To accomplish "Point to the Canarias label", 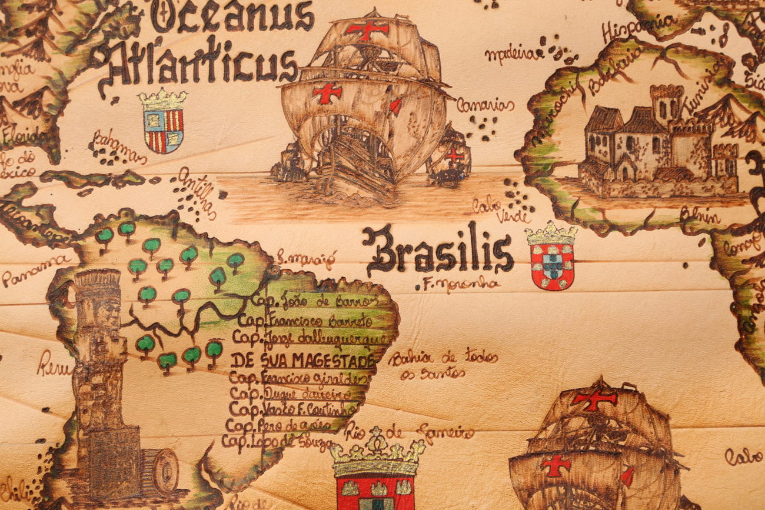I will tap(485, 106).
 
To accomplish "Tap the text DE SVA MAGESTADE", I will tap(302, 360).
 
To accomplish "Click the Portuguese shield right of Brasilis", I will tap(551, 257).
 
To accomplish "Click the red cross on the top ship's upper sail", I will tap(367, 29).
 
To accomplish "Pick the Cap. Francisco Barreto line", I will tap(304, 322).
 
